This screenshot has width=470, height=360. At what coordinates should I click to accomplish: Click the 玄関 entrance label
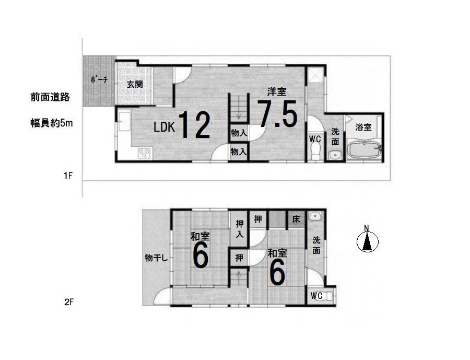click(x=135, y=84)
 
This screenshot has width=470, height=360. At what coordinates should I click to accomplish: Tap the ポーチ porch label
click(x=99, y=80)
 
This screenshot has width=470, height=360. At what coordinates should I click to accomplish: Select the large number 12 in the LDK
click(x=195, y=125)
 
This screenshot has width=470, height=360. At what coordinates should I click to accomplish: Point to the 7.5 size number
click(x=277, y=114)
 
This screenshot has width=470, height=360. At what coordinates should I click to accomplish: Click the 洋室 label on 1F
click(x=277, y=91)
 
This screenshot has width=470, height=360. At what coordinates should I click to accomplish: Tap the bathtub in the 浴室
click(x=364, y=148)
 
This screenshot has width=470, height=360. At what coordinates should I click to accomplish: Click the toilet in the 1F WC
click(x=315, y=152)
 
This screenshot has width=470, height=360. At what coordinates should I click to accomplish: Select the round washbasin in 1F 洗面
click(x=334, y=155)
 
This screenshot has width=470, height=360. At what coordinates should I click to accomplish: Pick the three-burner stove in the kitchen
click(x=144, y=153)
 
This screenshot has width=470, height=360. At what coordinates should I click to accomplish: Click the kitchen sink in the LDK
click(x=125, y=121)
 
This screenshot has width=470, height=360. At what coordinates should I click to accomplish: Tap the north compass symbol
click(x=368, y=239)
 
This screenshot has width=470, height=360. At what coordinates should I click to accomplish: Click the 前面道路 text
click(x=50, y=97)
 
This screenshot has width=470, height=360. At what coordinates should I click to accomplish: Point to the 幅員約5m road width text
click(x=52, y=123)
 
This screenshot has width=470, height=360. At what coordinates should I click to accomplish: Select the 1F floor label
click(x=68, y=175)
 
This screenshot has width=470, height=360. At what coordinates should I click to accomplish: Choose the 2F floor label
click(x=68, y=302)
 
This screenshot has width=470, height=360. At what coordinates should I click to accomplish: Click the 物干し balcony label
click(x=156, y=258)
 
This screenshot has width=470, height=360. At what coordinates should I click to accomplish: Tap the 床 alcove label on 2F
click(x=296, y=219)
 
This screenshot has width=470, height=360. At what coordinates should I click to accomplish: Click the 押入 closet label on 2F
click(x=239, y=229)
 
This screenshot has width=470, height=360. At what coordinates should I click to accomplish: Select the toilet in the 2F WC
click(x=329, y=296)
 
